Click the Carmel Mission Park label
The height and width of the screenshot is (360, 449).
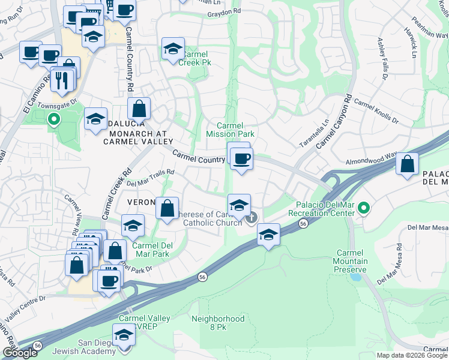click(x=231, y=130)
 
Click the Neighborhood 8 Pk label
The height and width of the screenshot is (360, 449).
click(x=218, y=323)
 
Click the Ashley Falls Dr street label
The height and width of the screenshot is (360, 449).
click(x=382, y=58)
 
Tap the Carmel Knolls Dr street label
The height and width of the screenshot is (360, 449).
click(x=376, y=112)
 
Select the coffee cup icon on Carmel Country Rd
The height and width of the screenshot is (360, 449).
click(x=241, y=159)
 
